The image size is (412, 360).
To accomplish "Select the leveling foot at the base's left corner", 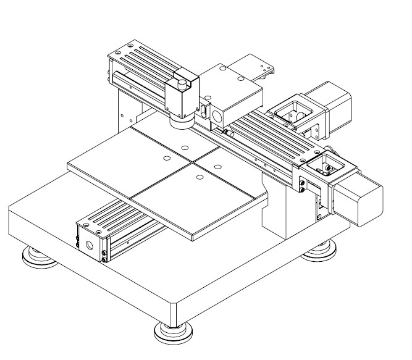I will click(x=38, y=257).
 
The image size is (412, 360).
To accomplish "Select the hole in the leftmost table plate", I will click(x=166, y=159).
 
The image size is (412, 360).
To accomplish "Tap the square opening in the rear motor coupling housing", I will click(x=292, y=111).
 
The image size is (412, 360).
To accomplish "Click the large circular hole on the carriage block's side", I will click(x=218, y=115).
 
